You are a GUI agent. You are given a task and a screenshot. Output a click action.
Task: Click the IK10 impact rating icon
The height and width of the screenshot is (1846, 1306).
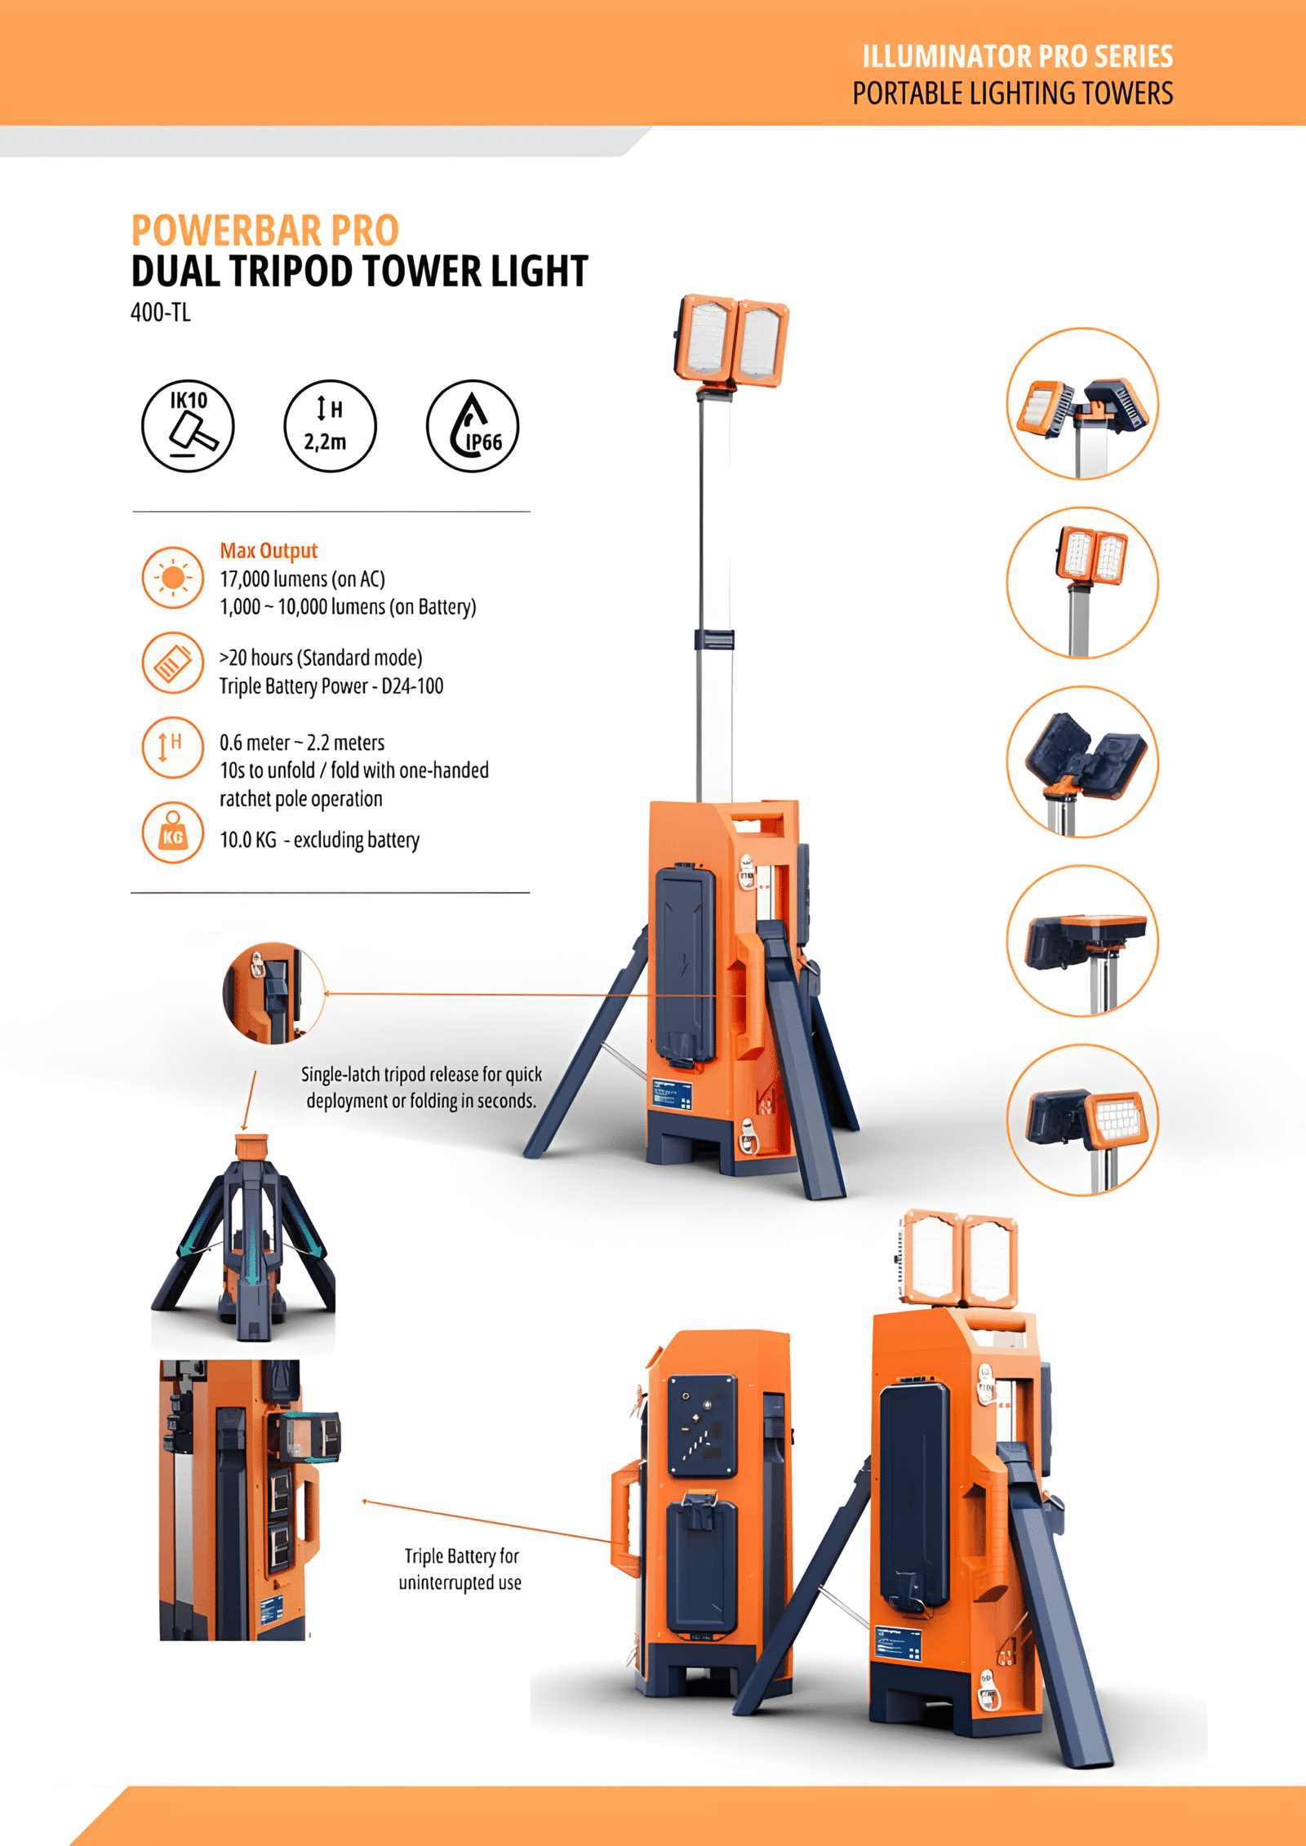[188, 426]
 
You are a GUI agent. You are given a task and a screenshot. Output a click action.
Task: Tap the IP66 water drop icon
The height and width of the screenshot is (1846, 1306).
[473, 426]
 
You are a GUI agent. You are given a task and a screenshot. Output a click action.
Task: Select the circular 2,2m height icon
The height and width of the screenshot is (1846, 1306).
[330, 426]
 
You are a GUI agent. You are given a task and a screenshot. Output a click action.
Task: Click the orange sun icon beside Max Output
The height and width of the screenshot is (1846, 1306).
[172, 578]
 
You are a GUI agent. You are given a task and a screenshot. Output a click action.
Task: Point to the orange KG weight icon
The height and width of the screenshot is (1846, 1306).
[172, 832]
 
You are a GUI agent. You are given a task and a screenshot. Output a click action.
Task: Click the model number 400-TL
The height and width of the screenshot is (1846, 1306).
[161, 313]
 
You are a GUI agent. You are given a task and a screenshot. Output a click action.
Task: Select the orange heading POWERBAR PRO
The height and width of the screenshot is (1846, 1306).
[265, 230]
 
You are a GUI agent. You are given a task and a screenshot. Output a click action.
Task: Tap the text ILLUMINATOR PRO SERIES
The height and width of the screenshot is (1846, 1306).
[1017, 56]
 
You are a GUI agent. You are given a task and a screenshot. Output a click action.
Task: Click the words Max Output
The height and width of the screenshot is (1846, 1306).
[269, 551]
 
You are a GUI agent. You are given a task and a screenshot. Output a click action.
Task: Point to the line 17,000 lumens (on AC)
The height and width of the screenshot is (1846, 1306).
[302, 579]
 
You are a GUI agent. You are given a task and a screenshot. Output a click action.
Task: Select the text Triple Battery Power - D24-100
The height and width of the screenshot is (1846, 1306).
[331, 686]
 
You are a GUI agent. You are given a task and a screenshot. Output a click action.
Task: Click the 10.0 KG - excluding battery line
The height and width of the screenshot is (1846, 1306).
[319, 840]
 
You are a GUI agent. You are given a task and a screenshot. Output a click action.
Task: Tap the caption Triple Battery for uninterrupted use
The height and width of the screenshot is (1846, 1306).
[460, 1569]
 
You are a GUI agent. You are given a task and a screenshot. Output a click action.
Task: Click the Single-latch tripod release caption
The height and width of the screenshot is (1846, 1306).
[421, 1087]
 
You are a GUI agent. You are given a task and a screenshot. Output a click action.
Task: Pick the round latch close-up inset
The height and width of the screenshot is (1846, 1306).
[273, 992]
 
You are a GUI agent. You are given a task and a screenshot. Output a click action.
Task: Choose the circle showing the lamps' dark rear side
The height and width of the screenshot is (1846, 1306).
[1082, 761]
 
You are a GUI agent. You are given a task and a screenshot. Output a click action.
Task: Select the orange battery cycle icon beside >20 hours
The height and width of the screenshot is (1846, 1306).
[172, 663]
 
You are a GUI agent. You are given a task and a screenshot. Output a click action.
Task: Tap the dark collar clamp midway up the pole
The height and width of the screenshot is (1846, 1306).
[714, 639]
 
